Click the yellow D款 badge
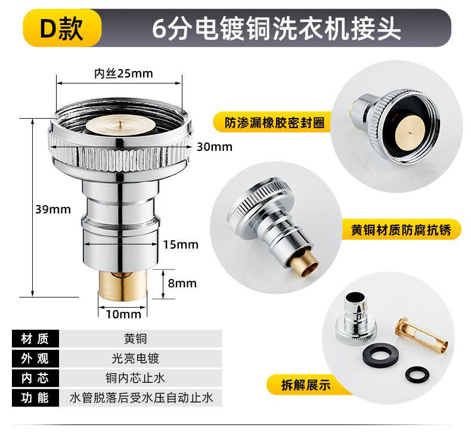point(62,29)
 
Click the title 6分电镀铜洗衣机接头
point(277,29)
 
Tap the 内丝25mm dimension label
point(123,73)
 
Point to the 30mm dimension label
point(215,147)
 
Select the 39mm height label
point(53,209)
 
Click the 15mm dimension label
point(181,244)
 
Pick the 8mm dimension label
point(182,283)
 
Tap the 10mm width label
point(123,314)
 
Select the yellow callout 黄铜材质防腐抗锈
point(401,230)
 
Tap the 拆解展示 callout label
point(306,385)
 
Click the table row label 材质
point(35,339)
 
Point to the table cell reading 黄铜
point(135,339)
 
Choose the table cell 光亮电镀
point(135,358)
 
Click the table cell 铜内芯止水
point(135,378)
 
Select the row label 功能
point(35,398)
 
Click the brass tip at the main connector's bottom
point(123,286)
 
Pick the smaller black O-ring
point(417,375)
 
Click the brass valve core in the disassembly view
point(422,335)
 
